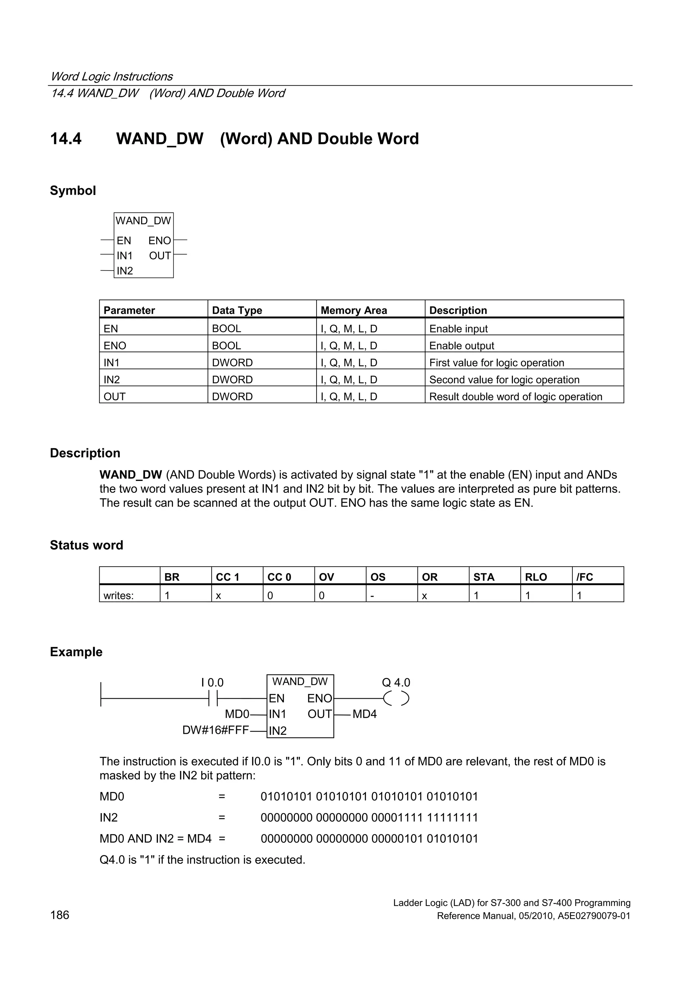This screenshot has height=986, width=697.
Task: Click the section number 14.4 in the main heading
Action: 66,139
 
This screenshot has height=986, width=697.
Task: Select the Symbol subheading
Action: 72,190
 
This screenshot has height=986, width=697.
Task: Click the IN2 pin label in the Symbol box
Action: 125,271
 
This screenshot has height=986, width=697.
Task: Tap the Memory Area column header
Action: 354,310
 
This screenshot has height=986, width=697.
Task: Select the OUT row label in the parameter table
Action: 114,397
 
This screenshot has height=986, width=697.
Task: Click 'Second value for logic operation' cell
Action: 504,379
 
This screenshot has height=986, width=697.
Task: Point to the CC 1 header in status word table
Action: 227,577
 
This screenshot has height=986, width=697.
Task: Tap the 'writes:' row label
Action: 118,596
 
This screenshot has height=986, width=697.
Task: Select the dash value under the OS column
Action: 372,596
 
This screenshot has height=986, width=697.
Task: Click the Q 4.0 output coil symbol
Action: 396,699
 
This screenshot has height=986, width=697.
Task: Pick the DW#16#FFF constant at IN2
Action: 215,730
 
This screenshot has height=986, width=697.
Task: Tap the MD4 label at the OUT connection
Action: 364,714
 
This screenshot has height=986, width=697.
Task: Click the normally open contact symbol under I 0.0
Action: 213,699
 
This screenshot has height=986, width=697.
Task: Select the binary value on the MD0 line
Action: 369,797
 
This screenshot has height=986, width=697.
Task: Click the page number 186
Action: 60,915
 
